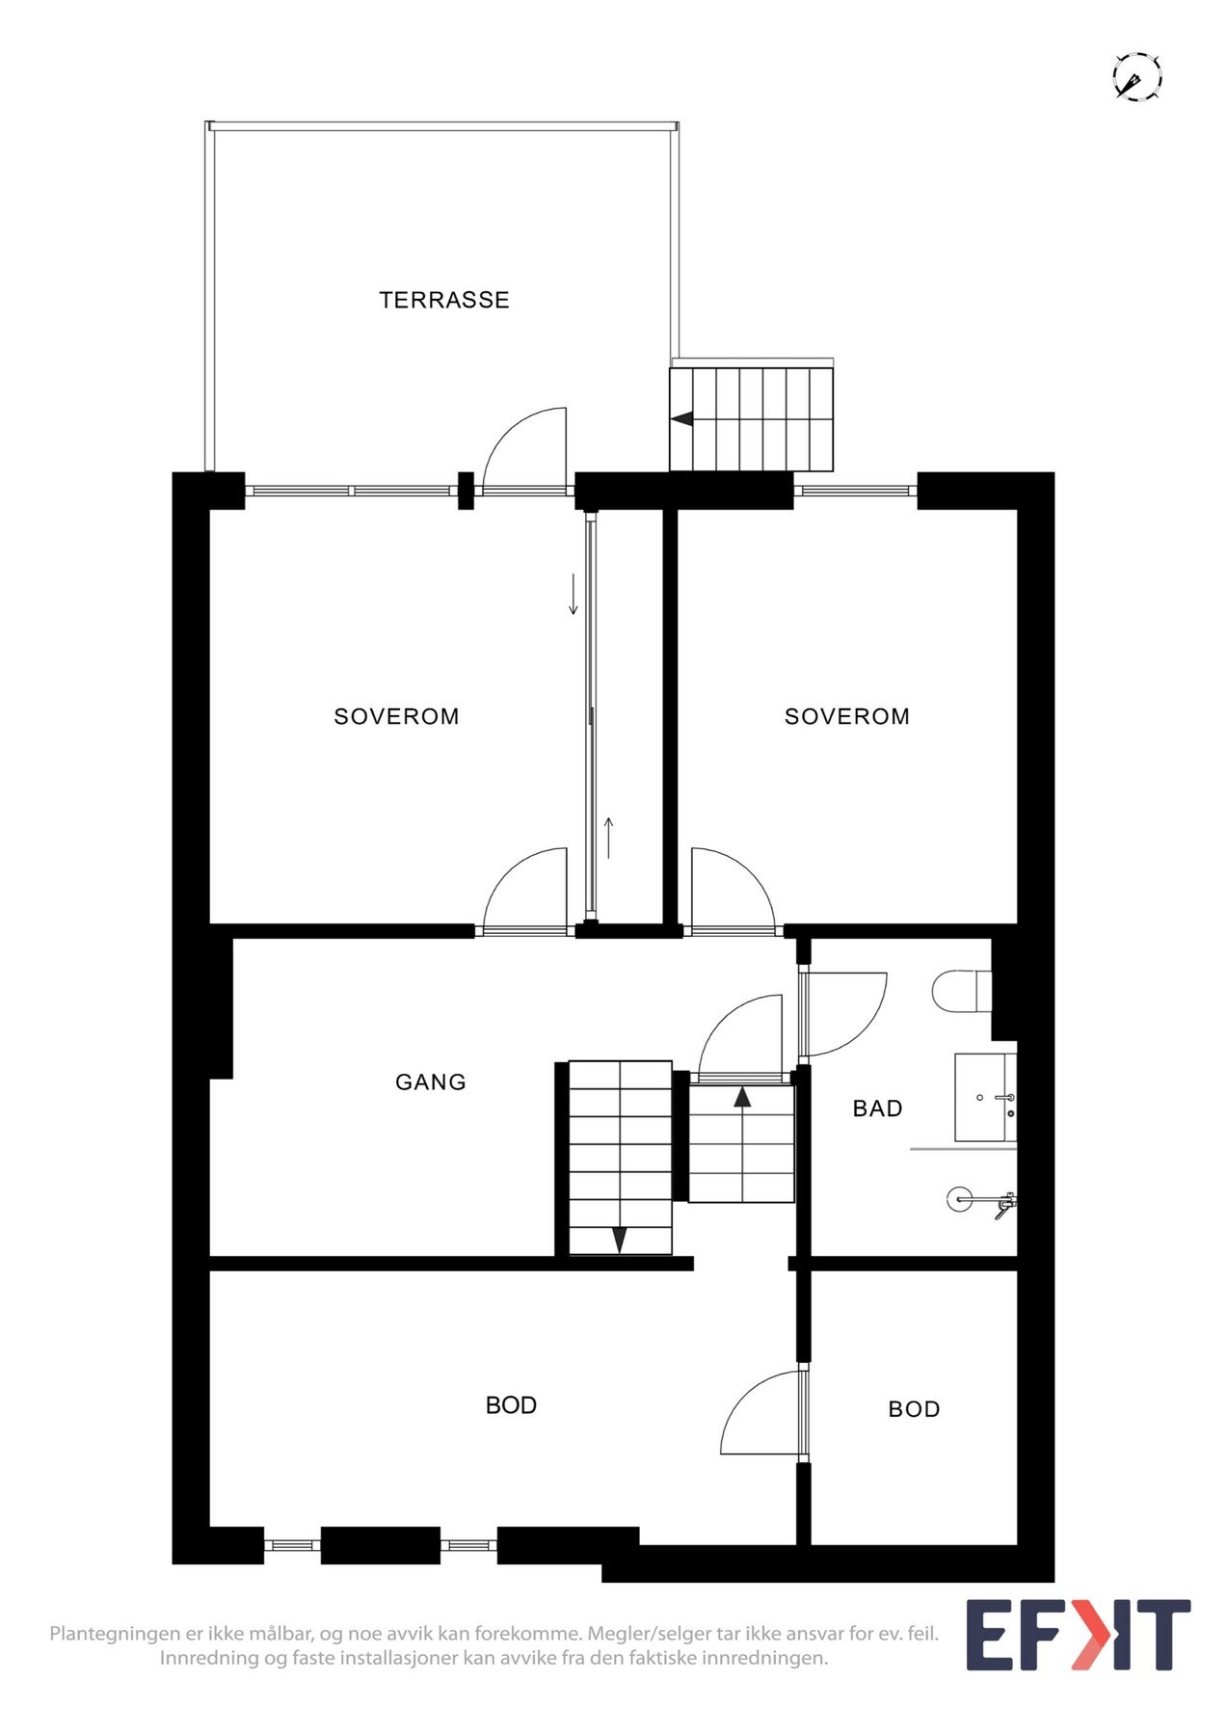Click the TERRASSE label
[443, 300]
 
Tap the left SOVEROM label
[396, 716]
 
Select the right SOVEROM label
[846, 716]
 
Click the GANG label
[430, 1081]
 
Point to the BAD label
[877, 1108]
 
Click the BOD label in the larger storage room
[511, 1405]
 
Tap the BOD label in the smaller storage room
[913, 1409]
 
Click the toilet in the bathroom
[963, 990]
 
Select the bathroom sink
[983, 1098]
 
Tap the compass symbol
[1136, 77]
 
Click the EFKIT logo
[1078, 1636]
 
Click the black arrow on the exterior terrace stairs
[682, 419]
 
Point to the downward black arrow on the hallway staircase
[620, 1240]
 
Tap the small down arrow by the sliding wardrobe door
[573, 595]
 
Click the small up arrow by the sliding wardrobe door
[608, 837]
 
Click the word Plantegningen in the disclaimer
[115, 1634]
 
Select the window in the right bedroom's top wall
[854, 492]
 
